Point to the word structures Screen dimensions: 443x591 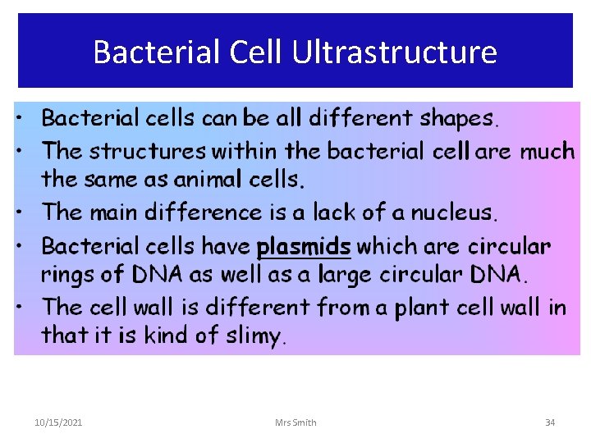148,151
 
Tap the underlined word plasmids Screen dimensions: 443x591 304,245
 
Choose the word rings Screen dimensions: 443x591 69,274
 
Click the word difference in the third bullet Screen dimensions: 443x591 193,212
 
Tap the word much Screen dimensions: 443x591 547,151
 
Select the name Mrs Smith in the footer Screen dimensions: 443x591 295,422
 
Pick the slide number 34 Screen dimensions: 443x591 550,422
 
